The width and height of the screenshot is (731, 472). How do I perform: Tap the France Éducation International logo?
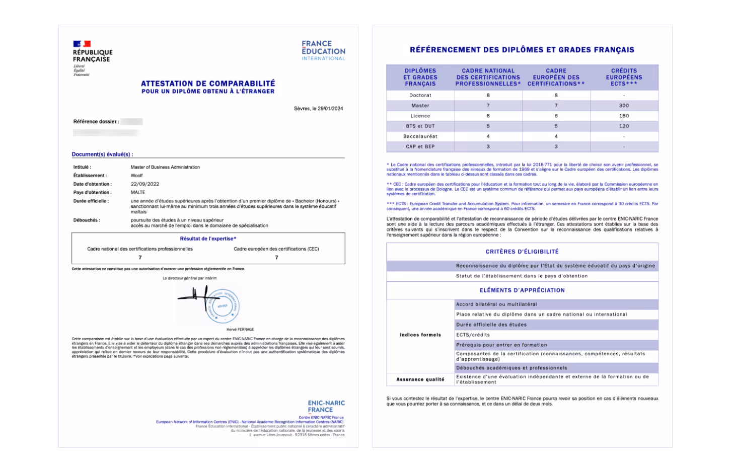[x=323, y=51]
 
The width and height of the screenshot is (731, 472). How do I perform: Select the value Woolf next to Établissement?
[x=137, y=176]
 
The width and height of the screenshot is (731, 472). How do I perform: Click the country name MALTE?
[x=138, y=192]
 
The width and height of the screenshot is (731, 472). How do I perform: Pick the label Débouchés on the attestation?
[x=86, y=220]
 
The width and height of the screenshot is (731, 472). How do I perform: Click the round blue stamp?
[x=223, y=306]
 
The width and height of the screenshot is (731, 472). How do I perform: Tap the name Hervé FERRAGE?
[x=240, y=330]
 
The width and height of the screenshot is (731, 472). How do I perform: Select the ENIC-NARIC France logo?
[x=326, y=406]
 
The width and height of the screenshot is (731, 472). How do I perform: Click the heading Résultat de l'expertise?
[x=208, y=239]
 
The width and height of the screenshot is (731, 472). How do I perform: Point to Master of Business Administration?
[x=165, y=167]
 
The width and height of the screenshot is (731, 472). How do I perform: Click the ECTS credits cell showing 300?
[x=624, y=106]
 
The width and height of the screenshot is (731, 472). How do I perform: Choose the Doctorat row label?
[x=420, y=95]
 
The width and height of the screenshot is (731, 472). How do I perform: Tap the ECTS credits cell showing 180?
[x=624, y=116]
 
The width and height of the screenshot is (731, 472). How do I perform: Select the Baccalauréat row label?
[x=420, y=136]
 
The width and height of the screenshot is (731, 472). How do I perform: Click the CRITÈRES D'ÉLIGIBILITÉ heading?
[x=522, y=252]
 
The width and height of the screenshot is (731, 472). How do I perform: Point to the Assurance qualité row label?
[x=420, y=379]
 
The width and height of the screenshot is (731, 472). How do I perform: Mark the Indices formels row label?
[x=420, y=335]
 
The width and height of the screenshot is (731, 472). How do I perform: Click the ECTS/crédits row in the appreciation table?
[x=473, y=335]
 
